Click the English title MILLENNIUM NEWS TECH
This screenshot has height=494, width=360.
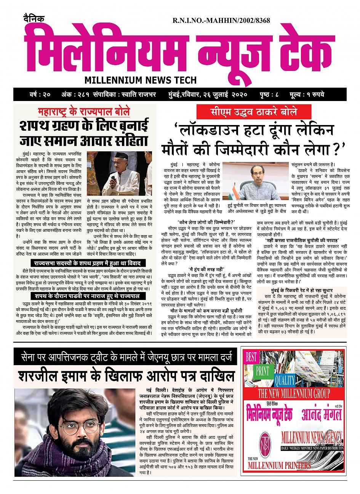tap(141, 80)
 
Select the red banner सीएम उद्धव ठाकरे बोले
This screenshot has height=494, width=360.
tap(254, 112)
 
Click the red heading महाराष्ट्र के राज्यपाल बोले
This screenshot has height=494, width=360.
tap(84, 112)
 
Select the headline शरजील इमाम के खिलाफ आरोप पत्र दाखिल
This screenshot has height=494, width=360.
tap(126, 376)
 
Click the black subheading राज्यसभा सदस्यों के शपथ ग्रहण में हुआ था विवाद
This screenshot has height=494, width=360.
tap(88, 263)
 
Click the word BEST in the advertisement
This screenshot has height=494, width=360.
tap(251, 357)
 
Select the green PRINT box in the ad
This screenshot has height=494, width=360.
tap(262, 370)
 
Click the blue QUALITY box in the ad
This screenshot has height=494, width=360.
tap(285, 380)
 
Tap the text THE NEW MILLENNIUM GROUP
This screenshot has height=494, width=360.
tap(294, 393)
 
